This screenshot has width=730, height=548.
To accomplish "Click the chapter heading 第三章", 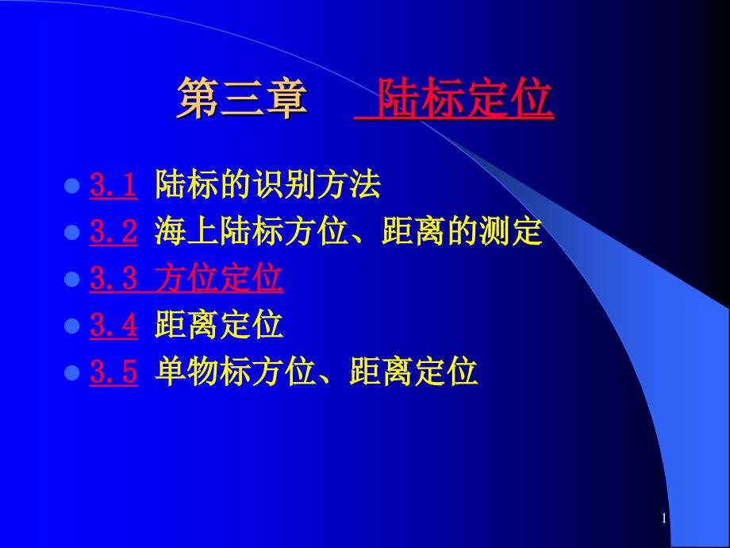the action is (x=242, y=98).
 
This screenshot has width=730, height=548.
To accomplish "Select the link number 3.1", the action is (x=113, y=184).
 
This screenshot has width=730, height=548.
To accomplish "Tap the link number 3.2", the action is (x=113, y=231).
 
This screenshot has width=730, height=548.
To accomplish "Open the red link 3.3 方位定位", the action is (x=186, y=278).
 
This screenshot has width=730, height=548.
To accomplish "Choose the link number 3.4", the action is (x=113, y=325).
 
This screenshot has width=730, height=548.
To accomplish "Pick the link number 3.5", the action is (x=113, y=372).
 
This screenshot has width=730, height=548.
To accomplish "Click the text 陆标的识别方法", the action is (x=267, y=184).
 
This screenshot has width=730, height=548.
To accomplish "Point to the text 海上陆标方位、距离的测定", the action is (x=348, y=231).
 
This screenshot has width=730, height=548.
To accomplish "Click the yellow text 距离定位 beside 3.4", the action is (x=219, y=325).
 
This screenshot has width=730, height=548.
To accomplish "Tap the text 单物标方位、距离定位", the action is (x=316, y=372).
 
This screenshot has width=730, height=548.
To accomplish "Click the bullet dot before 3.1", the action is (x=71, y=186).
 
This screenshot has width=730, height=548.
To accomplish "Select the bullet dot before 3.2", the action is (x=71, y=233).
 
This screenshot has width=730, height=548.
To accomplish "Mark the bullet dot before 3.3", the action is (x=71, y=280).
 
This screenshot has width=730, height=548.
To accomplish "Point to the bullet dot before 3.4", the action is (x=71, y=326).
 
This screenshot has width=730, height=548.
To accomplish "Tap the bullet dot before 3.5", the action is (x=71, y=373).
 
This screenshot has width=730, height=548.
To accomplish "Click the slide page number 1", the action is (x=664, y=519).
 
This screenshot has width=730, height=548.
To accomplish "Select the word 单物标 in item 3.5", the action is (x=202, y=372).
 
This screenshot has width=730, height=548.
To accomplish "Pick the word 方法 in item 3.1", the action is (x=348, y=184).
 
